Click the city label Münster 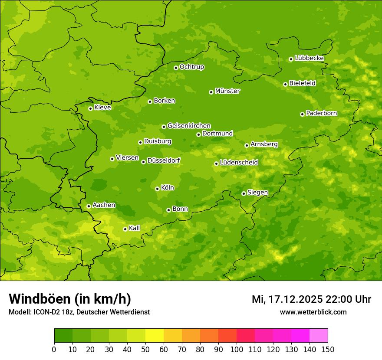227,91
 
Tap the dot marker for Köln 157,189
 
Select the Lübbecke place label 309,58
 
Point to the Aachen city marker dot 89,206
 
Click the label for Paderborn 321,113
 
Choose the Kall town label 135,228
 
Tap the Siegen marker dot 244,193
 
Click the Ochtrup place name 191,67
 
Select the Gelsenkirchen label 189,126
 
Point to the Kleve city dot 90,108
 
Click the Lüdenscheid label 239,163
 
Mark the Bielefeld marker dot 285,84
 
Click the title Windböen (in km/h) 70,299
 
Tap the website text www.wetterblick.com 313,312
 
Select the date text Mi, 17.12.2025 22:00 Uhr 311,299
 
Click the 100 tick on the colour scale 237,349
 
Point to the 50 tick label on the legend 145,349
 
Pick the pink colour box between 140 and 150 319,336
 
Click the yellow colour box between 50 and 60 155,336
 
